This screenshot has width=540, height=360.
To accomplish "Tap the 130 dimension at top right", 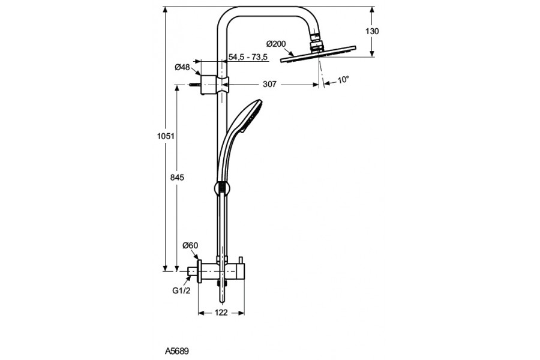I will coord(373,31).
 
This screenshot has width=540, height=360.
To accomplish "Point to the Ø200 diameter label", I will coord(275,43).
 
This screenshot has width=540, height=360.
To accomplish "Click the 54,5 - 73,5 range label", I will coord(248,57).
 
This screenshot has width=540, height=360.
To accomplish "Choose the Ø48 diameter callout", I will coord(182,67).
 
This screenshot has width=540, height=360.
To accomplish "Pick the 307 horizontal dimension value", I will coord(269,85).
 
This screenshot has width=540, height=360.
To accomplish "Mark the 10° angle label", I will coord(343,79).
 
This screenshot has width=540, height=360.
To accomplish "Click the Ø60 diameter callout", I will coord(190,245).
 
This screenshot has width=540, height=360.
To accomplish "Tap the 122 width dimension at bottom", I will coord(221,313).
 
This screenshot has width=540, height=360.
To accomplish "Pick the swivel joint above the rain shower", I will coord(316,43).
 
